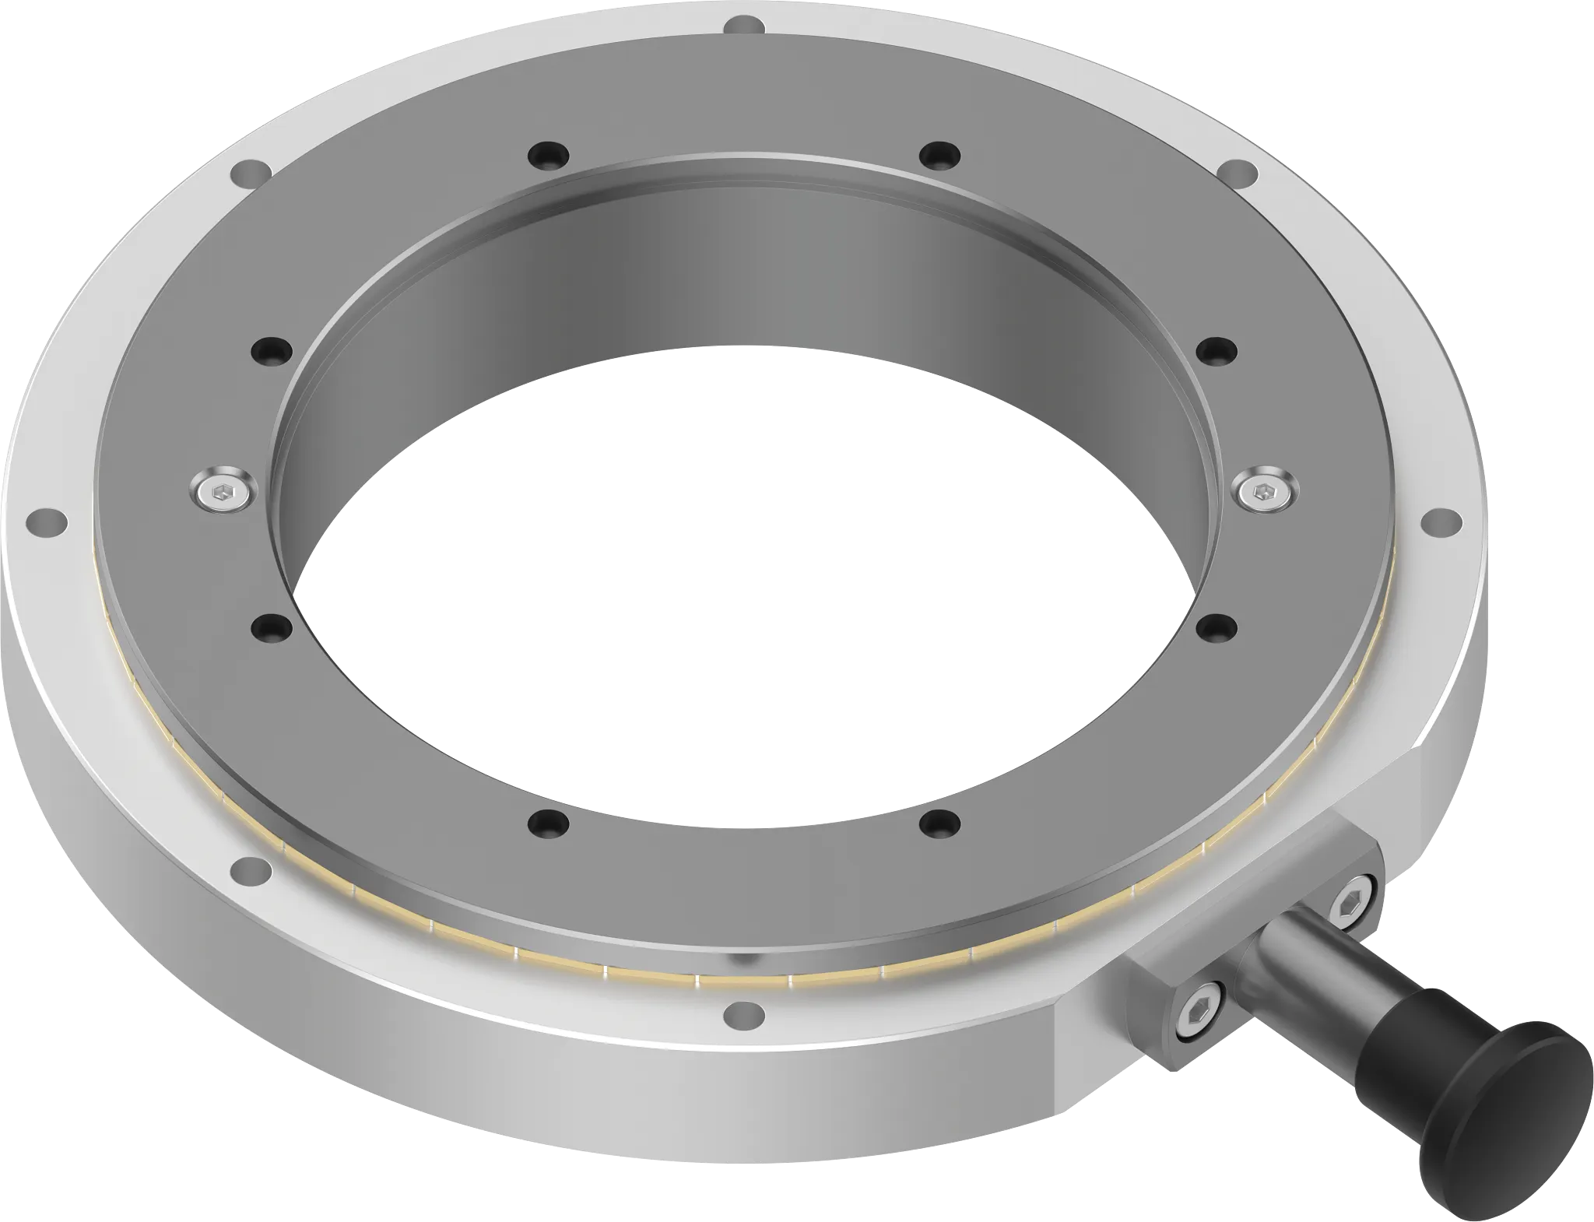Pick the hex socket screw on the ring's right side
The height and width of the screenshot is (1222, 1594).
pyautogui.click(x=1265, y=490)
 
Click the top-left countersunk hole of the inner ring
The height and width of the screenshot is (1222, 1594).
pyautogui.click(x=547, y=153)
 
